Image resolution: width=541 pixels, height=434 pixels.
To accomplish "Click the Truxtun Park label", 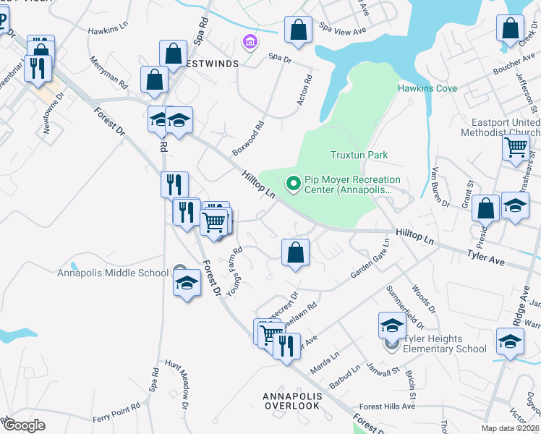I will (359, 155).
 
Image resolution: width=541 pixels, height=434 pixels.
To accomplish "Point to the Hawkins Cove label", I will (427, 88).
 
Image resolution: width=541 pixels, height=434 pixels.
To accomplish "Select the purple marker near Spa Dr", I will (250, 43).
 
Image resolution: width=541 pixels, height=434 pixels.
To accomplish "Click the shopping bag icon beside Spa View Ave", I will (298, 31).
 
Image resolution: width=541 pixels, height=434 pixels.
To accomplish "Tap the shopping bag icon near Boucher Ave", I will (510, 30).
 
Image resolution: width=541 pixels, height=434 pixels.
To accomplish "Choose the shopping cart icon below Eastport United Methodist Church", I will (516, 148).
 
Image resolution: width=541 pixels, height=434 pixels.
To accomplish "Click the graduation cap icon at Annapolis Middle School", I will (187, 284).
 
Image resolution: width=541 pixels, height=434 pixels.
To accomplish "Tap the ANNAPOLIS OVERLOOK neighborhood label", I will (291, 401).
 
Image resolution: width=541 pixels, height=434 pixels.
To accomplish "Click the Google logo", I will (24, 425).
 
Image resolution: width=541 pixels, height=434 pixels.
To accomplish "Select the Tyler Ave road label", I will (485, 255).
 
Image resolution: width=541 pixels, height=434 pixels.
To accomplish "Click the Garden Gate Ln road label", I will (370, 259).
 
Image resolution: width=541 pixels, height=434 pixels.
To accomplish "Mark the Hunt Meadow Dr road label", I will (177, 379).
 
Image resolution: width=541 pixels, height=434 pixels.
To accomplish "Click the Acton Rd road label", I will (304, 90).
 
